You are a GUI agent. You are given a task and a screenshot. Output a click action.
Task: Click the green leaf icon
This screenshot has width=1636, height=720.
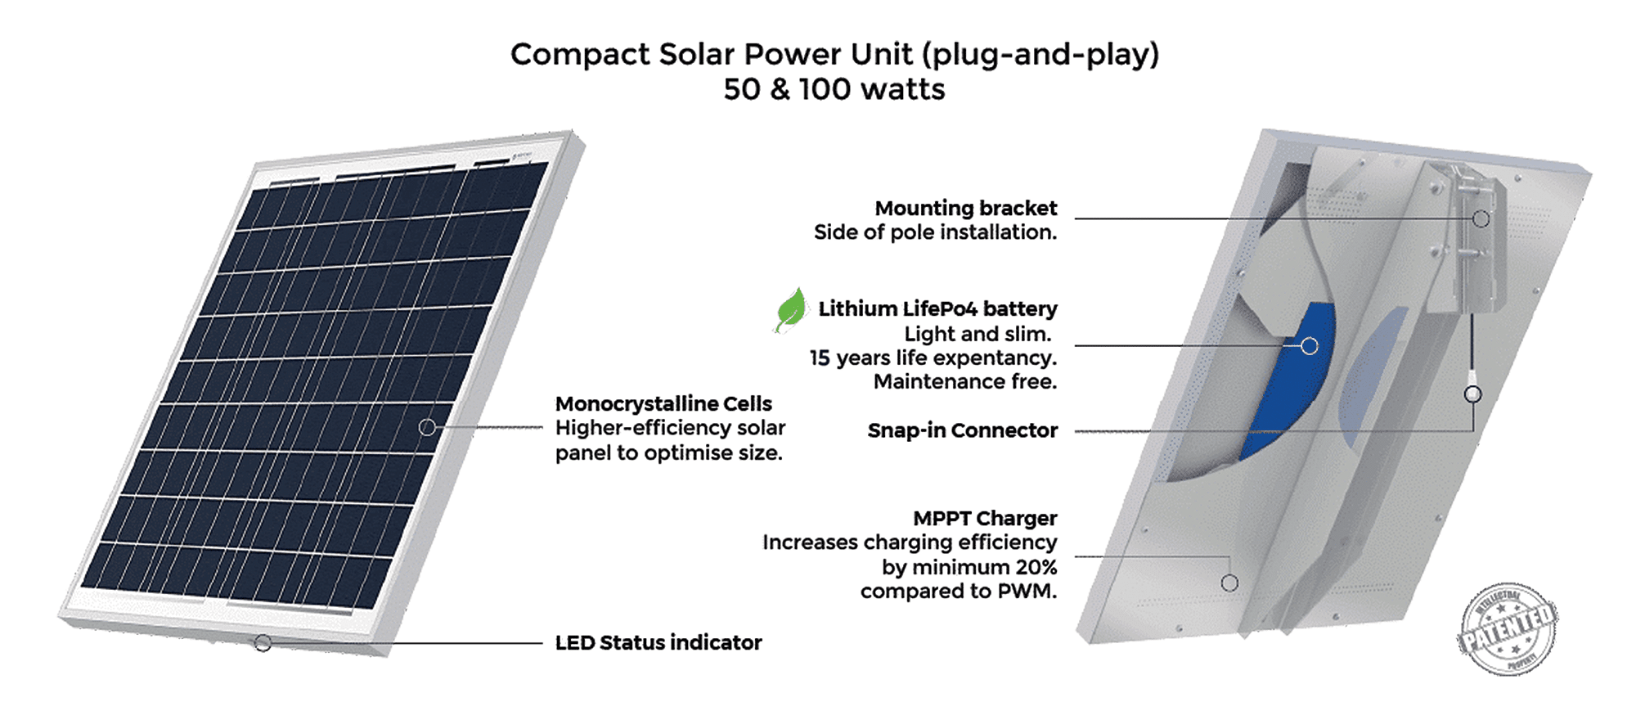tap(791, 310)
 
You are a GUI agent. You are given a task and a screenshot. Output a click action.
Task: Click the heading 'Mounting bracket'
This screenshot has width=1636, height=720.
tap(965, 209)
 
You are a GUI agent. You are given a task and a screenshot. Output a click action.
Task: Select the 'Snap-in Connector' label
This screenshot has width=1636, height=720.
tap(962, 430)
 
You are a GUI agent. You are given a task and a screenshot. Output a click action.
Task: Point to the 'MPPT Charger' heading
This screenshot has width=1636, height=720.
tap(985, 519)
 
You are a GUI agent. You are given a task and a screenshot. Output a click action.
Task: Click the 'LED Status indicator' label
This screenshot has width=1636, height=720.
tap(658, 643)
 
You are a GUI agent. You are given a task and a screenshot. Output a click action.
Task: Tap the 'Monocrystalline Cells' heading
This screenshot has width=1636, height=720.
tap(663, 404)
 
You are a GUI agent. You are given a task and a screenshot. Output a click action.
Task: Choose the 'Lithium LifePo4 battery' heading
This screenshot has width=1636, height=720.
tap(937, 309)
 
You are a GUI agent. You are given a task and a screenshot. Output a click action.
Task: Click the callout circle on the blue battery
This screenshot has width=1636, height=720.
tap(1310, 346)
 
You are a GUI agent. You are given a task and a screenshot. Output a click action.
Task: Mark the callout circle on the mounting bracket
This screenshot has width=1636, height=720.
tap(1481, 218)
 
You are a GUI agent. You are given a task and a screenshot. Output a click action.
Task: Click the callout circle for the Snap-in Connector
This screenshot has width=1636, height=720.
tap(1472, 395)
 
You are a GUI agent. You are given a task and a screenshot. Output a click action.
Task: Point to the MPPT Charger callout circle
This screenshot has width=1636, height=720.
tap(1229, 583)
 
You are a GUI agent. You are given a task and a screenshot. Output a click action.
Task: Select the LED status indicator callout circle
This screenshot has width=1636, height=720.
tap(263, 643)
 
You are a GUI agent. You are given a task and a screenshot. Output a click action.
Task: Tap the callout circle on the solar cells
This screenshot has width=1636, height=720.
tap(427, 427)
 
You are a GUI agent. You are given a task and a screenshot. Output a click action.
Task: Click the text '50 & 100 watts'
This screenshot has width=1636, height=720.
tap(834, 89)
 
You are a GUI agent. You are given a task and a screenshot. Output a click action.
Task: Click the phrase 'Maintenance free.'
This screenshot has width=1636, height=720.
tap(964, 382)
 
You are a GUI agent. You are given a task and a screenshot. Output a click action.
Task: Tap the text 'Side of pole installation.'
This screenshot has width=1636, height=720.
tap(935, 232)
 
